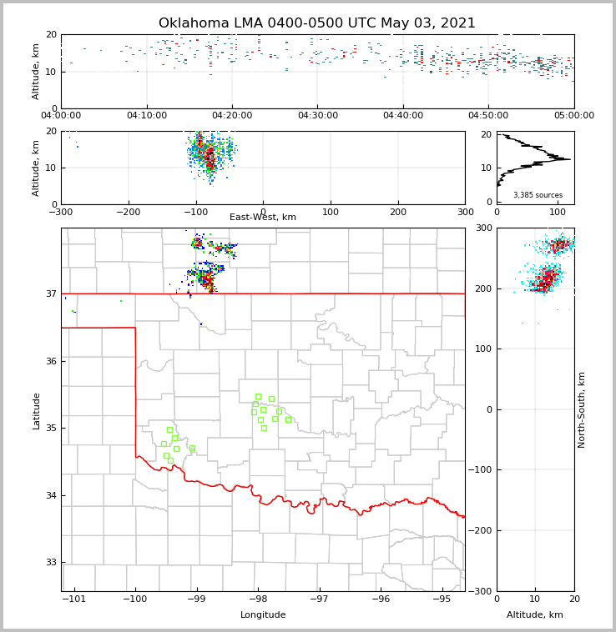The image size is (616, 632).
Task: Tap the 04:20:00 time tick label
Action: (x=232, y=115)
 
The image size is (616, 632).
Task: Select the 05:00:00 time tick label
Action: (x=574, y=115)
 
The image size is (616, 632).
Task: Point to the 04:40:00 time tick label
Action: (x=403, y=115)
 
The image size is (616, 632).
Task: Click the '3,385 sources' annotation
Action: (x=538, y=195)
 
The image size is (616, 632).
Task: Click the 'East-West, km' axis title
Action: (x=263, y=218)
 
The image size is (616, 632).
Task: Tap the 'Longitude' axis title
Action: (x=263, y=615)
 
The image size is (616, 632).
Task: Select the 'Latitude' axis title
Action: (x=36, y=410)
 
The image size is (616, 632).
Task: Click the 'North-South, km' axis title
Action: (x=582, y=409)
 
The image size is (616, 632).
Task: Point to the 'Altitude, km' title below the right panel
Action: (x=535, y=615)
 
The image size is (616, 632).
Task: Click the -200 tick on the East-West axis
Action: (x=128, y=212)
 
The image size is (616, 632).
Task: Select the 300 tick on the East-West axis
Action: (x=465, y=212)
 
